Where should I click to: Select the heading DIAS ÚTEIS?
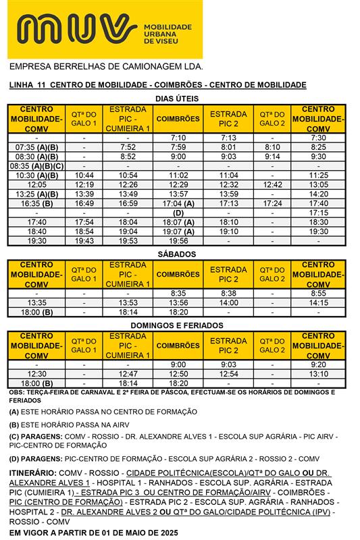pos(177,98)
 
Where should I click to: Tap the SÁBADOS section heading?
pos(177,254)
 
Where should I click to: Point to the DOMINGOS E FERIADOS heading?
pos(177,325)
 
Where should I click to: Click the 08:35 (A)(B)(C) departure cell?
pos(37,165)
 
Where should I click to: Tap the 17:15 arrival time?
pos(318,213)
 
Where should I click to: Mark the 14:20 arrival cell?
pos(318,194)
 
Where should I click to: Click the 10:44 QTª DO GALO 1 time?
pos(84,175)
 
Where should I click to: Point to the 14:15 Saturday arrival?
pos(318,303)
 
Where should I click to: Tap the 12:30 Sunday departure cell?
pos(37,374)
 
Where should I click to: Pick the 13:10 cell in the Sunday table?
pos(318,374)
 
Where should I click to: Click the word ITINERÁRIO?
pos(32,474)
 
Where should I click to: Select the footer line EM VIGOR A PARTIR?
pos(93,533)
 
